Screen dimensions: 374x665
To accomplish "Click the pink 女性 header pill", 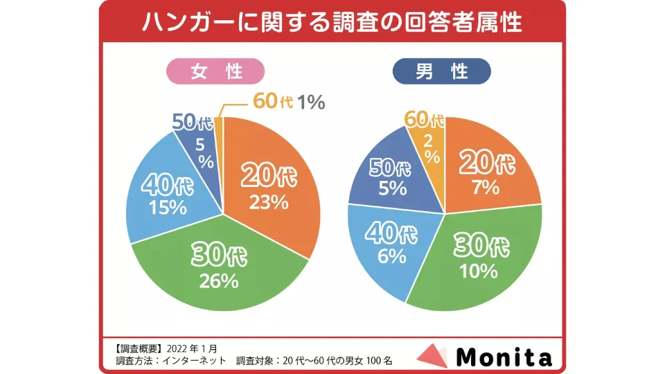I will pos(215,71).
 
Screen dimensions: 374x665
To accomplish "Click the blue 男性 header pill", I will pos(441,71).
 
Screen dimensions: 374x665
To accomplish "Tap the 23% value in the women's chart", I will pos(269,202).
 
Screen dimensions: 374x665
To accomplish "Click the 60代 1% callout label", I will pos(289,102).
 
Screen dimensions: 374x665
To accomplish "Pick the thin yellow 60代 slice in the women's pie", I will pos(219,132).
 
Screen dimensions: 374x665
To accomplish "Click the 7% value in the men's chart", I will pos(486,187).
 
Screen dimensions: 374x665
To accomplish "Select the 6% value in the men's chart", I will pos(392,256).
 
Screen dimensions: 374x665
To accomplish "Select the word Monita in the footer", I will pos(504,357).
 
